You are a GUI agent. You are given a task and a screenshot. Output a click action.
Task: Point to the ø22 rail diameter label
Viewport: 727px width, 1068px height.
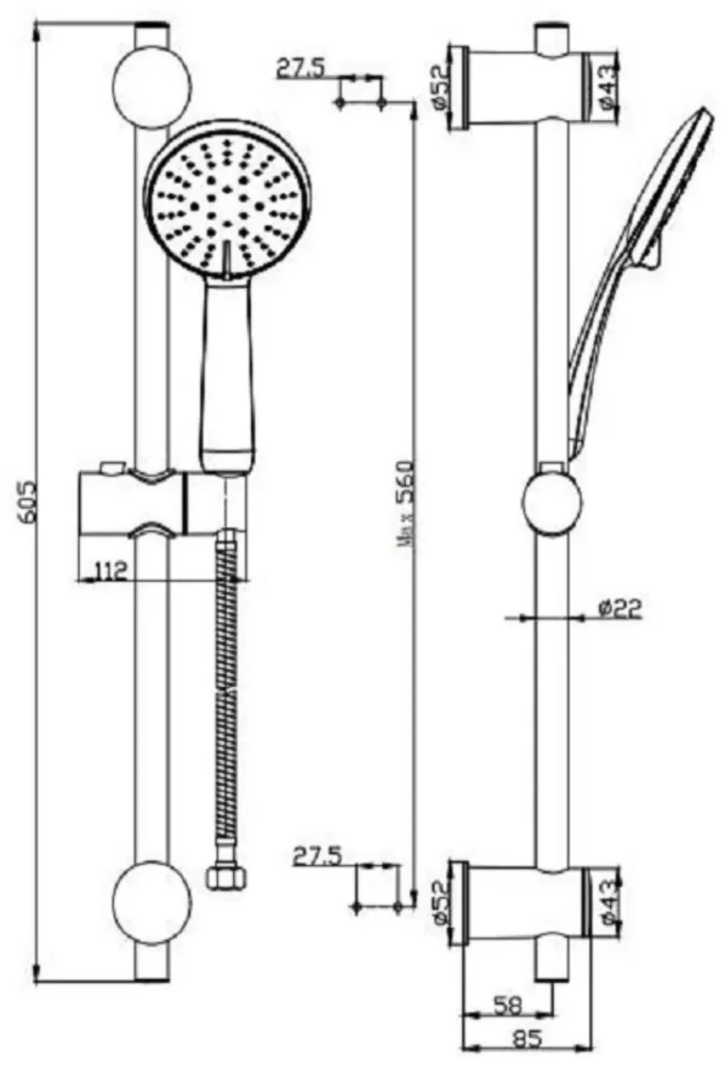[620, 609]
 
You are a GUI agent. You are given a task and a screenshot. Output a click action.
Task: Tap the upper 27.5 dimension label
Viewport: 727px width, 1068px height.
[300, 68]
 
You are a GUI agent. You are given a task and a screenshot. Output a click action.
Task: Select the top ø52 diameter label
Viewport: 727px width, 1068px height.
[438, 88]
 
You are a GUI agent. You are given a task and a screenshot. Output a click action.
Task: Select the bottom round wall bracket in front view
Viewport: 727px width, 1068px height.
[152, 903]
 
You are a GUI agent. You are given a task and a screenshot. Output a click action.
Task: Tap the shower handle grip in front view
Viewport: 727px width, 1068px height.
[228, 372]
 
